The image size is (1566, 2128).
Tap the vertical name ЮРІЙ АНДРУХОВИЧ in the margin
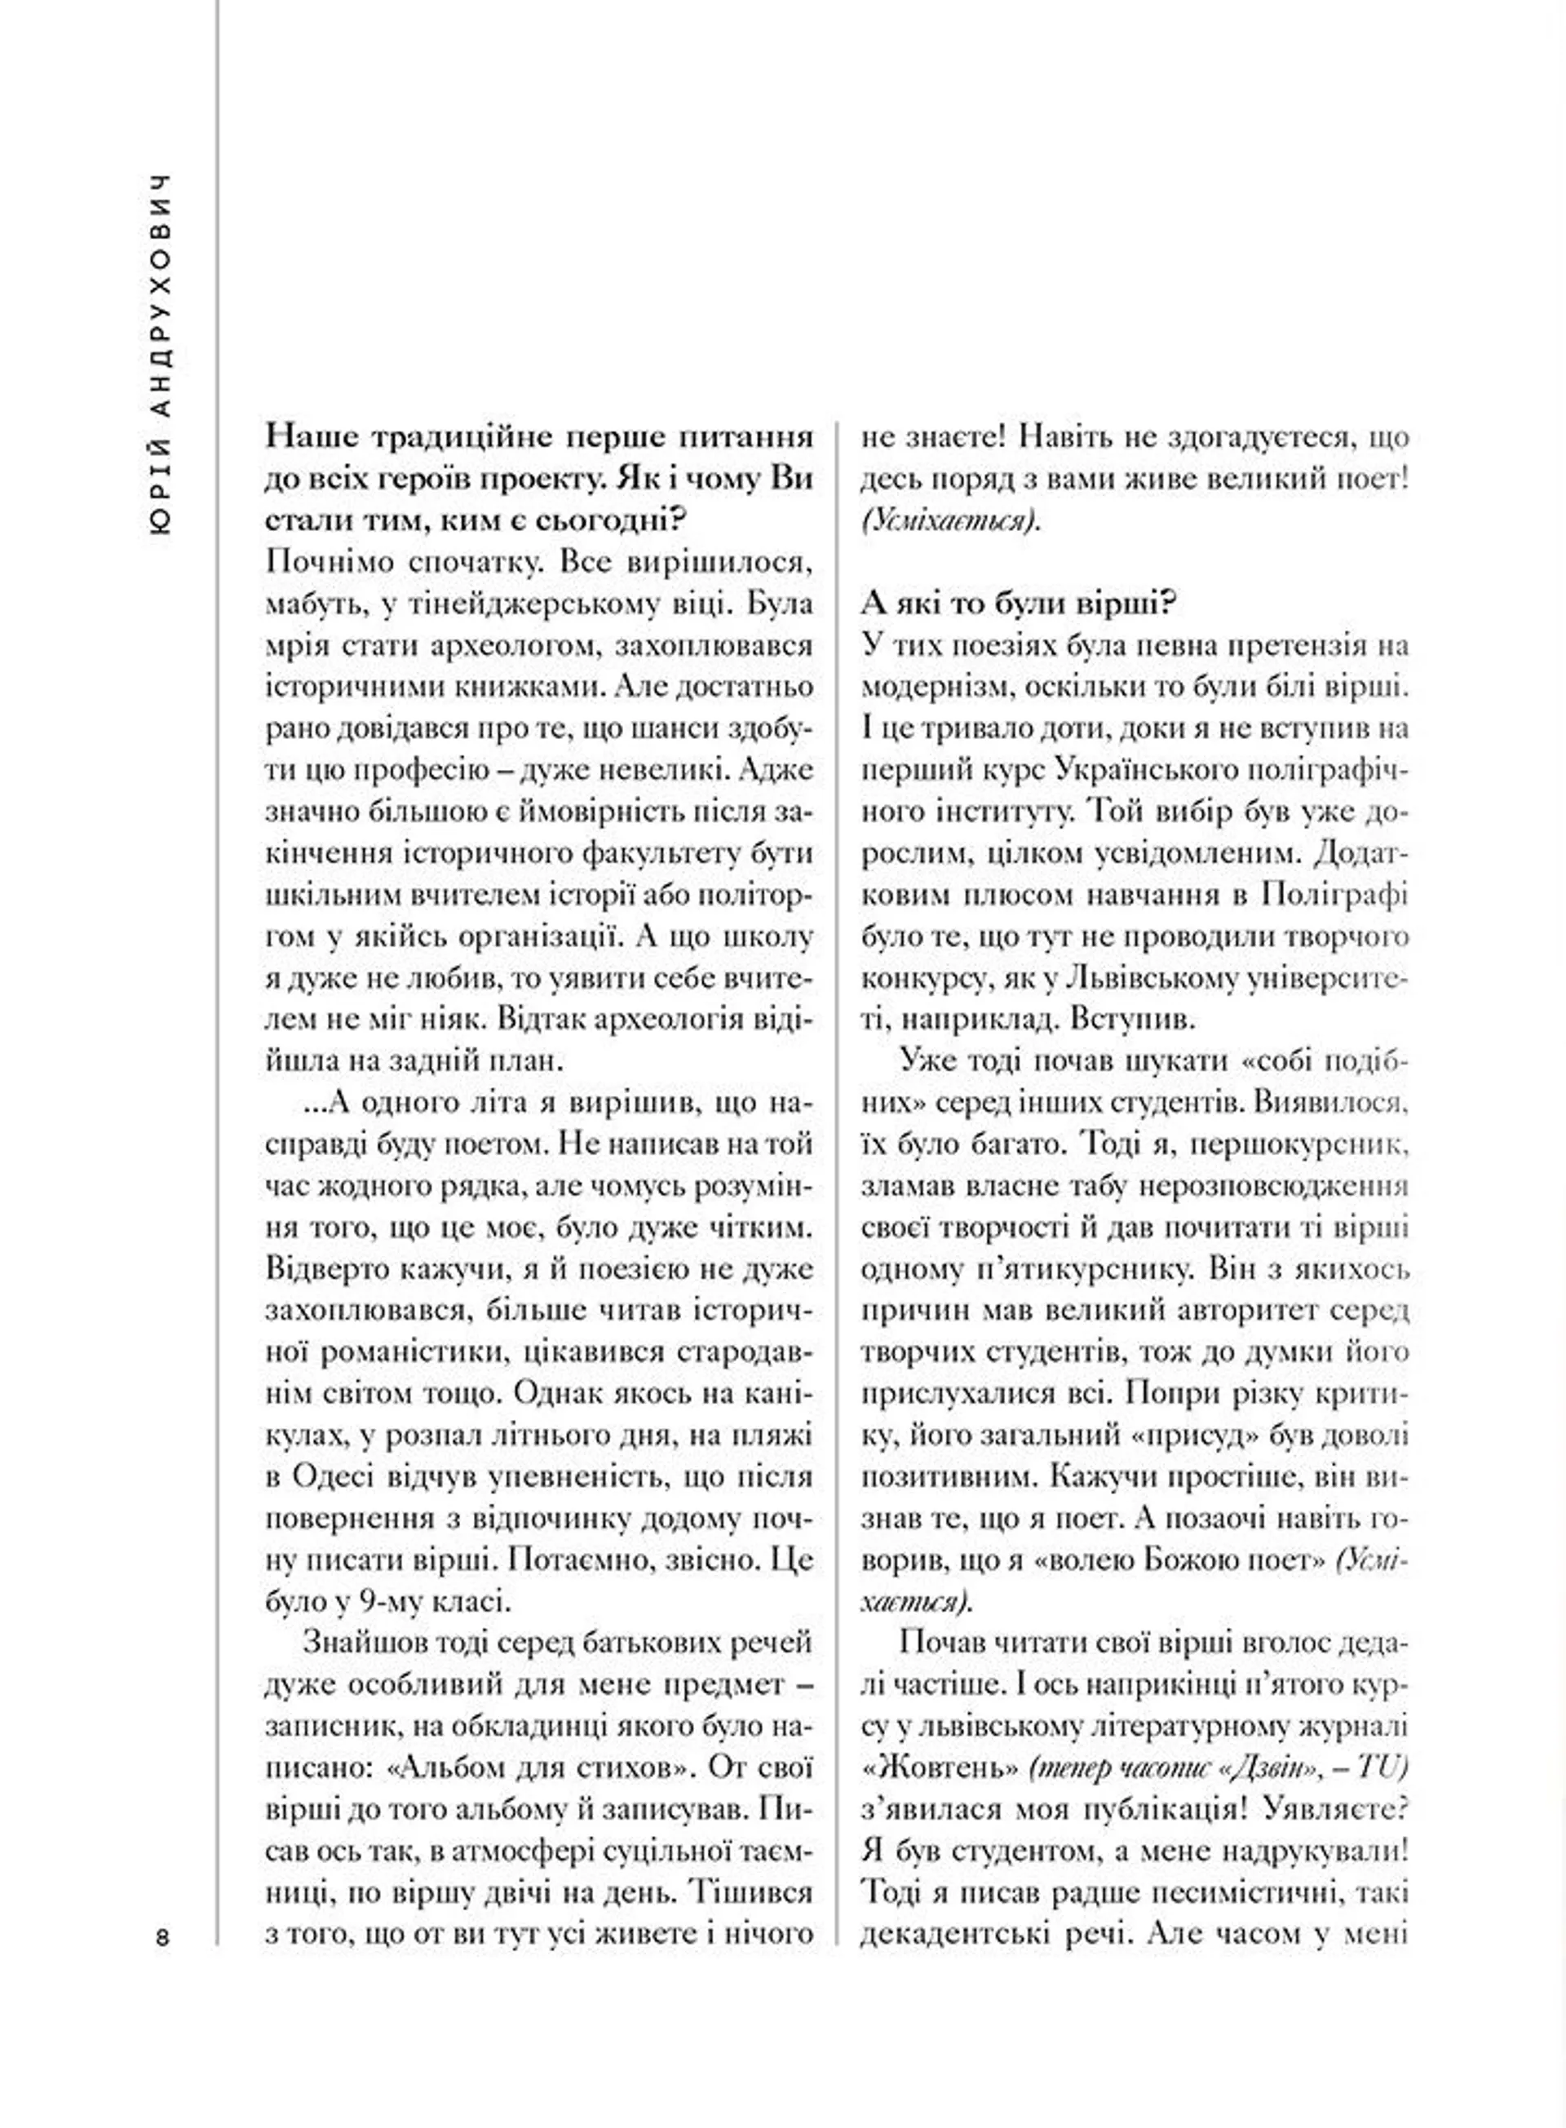tap(163, 356)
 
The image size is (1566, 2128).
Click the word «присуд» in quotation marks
tap(1204, 1435)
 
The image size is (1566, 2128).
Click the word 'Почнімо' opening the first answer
tap(323, 562)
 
